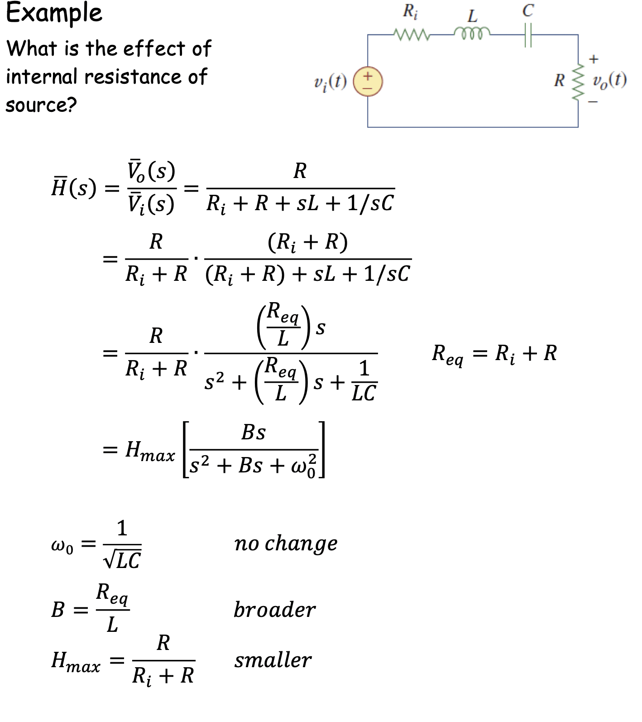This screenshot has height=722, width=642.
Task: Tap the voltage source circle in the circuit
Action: (368, 82)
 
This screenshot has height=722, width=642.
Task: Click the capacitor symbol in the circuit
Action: (527, 34)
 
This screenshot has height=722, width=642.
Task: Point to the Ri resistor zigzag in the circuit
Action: (410, 34)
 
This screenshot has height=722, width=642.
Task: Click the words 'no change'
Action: (286, 543)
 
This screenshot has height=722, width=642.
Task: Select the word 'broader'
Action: (274, 610)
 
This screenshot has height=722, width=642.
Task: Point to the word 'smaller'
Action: (273, 660)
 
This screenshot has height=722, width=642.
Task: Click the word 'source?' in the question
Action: (41, 105)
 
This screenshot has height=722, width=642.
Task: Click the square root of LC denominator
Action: (122, 560)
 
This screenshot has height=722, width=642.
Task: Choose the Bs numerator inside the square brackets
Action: (253, 433)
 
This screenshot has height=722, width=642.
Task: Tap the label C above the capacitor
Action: (528, 10)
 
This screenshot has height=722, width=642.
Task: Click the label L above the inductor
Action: (472, 16)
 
